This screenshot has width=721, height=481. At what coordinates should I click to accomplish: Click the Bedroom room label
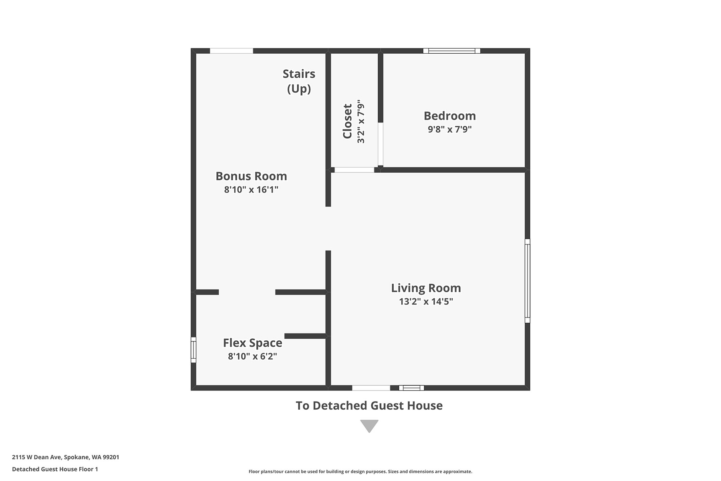pyautogui.click(x=450, y=116)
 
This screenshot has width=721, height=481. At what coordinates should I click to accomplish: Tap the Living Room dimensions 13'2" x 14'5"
pyautogui.click(x=426, y=301)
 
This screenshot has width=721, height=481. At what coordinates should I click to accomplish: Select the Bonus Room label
pyautogui.click(x=251, y=176)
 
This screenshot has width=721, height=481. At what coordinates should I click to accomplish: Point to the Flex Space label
pyautogui.click(x=252, y=343)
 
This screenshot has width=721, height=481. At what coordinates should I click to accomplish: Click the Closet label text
pyautogui.click(x=347, y=121)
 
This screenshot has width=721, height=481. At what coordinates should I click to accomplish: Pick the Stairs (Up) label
pyautogui.click(x=299, y=81)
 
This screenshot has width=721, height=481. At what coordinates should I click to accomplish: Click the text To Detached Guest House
pyautogui.click(x=369, y=406)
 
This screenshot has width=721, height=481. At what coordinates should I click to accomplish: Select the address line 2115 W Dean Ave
pyautogui.click(x=66, y=457)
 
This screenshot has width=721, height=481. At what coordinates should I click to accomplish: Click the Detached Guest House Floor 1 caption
pyautogui.click(x=55, y=469)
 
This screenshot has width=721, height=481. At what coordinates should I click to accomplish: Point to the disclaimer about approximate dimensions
pyautogui.click(x=360, y=472)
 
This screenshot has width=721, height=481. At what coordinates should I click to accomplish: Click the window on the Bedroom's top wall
pyautogui.click(x=452, y=51)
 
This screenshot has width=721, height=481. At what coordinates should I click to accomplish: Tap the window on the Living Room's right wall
pyautogui.click(x=528, y=281)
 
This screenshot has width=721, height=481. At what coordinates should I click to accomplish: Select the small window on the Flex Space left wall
pyautogui.click(x=193, y=350)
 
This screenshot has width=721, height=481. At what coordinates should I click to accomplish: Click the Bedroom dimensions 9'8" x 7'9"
pyautogui.click(x=450, y=129)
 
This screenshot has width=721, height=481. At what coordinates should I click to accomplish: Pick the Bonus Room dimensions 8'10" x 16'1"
pyautogui.click(x=251, y=190)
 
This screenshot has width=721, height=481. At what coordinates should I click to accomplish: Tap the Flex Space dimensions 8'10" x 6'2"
pyautogui.click(x=252, y=356)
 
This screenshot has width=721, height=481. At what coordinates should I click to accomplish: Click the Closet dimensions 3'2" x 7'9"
pyautogui.click(x=361, y=121)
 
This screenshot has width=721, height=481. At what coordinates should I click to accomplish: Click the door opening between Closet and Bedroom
pyautogui.click(x=381, y=144)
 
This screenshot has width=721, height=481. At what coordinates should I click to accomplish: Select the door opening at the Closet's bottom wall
pyautogui.click(x=354, y=170)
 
